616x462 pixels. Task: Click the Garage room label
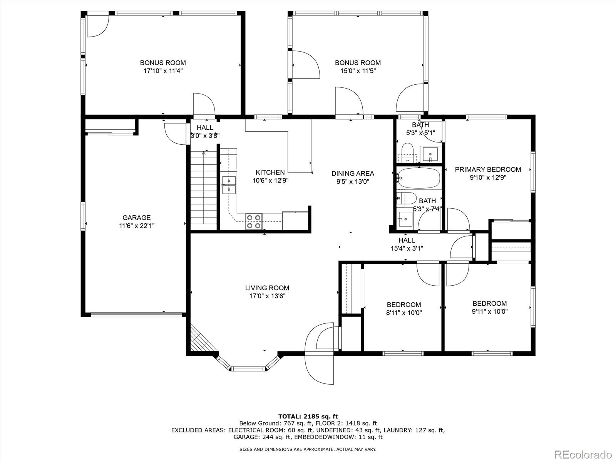point(136,218)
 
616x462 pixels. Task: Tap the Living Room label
point(267,288)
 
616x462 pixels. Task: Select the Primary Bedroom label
point(488,169)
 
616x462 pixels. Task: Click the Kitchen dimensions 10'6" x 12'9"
point(270,180)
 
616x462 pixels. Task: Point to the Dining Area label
point(353,173)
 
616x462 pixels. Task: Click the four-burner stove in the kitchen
point(254,221)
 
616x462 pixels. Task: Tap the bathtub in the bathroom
point(419,178)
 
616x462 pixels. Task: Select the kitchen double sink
point(229,185)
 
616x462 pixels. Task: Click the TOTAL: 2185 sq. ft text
point(308,416)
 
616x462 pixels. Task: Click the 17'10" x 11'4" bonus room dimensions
point(163,71)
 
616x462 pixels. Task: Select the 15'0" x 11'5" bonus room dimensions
point(358,71)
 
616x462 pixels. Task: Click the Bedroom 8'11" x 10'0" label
point(404,308)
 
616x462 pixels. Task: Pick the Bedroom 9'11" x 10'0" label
point(489,307)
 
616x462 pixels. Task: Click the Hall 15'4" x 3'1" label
point(407,244)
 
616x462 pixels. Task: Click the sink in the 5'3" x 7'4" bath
point(405,219)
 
